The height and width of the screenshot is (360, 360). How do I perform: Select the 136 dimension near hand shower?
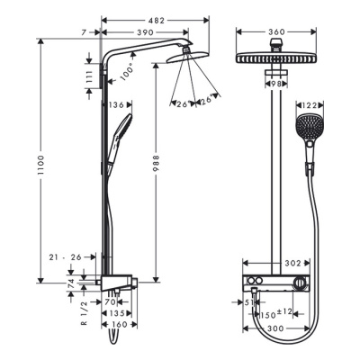pyautogui.click(x=116, y=105)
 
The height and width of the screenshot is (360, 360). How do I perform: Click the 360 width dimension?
pyautogui.click(x=275, y=31)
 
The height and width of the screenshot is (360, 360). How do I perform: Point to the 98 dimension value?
pyautogui.click(x=276, y=82)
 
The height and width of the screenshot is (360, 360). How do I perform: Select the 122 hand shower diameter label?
pyautogui.click(x=310, y=104)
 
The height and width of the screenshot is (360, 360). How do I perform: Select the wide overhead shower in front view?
pyautogui.click(x=275, y=58)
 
